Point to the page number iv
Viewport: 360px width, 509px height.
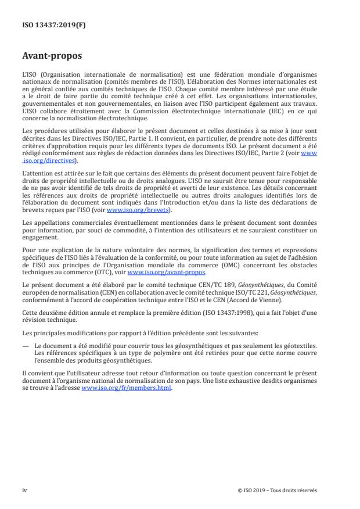tap(24, 490)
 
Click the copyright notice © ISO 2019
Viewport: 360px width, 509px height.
tap(278, 490)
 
